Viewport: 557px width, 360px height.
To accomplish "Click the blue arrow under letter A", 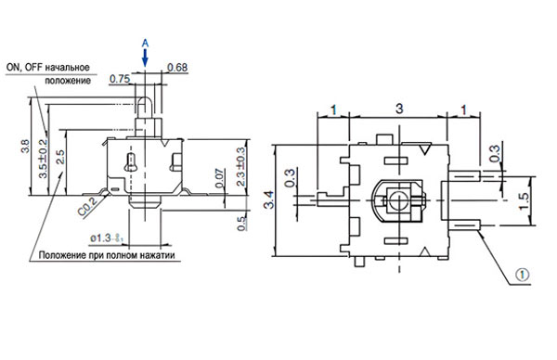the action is (145, 58).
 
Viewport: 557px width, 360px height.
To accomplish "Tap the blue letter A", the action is (145, 44).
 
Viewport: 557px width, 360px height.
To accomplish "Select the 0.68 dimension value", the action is (177, 67).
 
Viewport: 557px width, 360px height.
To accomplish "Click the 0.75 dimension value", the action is (120, 79).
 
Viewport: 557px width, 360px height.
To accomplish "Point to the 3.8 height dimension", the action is (25, 146).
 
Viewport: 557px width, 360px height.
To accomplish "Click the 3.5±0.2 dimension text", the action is (43, 158).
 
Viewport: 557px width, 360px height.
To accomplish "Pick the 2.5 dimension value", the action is (60, 157).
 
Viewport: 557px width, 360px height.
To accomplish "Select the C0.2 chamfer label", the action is (86, 207).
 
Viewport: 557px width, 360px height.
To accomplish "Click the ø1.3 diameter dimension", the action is (107, 238).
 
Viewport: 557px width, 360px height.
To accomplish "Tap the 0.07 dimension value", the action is (219, 178).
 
